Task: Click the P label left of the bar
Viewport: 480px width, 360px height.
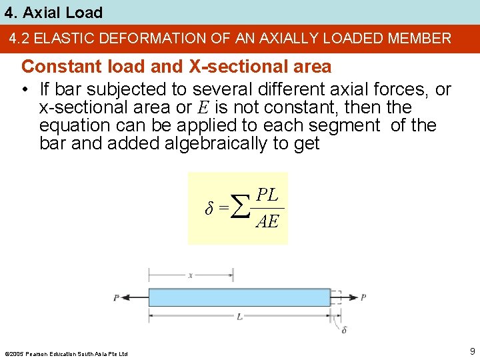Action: [116, 297]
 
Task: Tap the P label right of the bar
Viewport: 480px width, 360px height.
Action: [363, 297]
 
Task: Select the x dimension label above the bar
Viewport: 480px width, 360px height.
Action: [191, 275]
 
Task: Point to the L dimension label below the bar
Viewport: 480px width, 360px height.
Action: [239, 317]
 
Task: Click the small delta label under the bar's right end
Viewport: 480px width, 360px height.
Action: [344, 329]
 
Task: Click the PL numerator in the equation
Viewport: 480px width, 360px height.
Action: [268, 195]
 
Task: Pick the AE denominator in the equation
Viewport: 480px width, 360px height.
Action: [267, 221]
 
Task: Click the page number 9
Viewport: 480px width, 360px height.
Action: [472, 351]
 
